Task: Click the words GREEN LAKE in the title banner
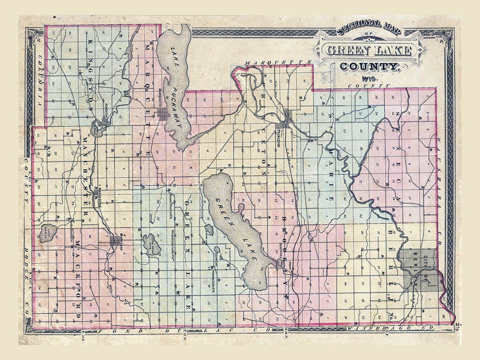click(x=368, y=49)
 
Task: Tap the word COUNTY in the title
click(x=369, y=67)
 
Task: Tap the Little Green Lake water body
click(x=153, y=243)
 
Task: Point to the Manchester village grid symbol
click(x=98, y=193)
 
